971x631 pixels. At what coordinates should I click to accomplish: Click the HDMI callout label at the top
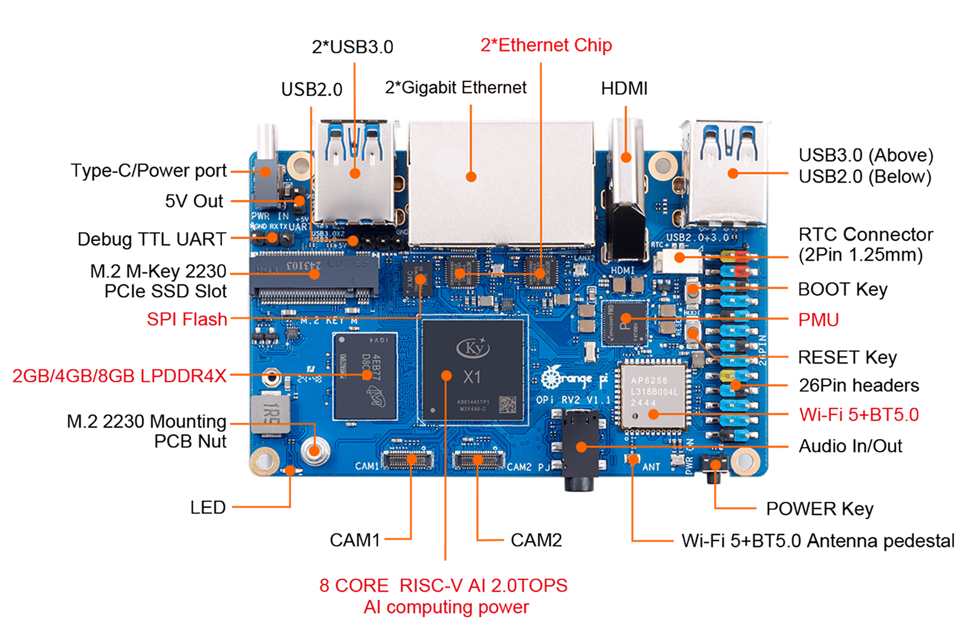tap(624, 88)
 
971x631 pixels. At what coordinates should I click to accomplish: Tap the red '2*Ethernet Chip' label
tap(546, 45)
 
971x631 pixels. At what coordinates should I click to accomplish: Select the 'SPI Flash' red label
tap(187, 319)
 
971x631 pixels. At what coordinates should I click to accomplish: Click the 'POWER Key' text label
tap(819, 509)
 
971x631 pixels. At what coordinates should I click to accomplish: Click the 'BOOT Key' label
tap(843, 289)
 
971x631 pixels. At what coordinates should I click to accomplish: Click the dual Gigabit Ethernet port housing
tap(501, 181)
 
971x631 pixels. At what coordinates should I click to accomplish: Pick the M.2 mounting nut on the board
tap(314, 450)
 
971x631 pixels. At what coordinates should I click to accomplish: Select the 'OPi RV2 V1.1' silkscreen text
tap(573, 400)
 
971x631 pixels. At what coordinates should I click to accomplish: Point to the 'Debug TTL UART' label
tap(152, 239)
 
